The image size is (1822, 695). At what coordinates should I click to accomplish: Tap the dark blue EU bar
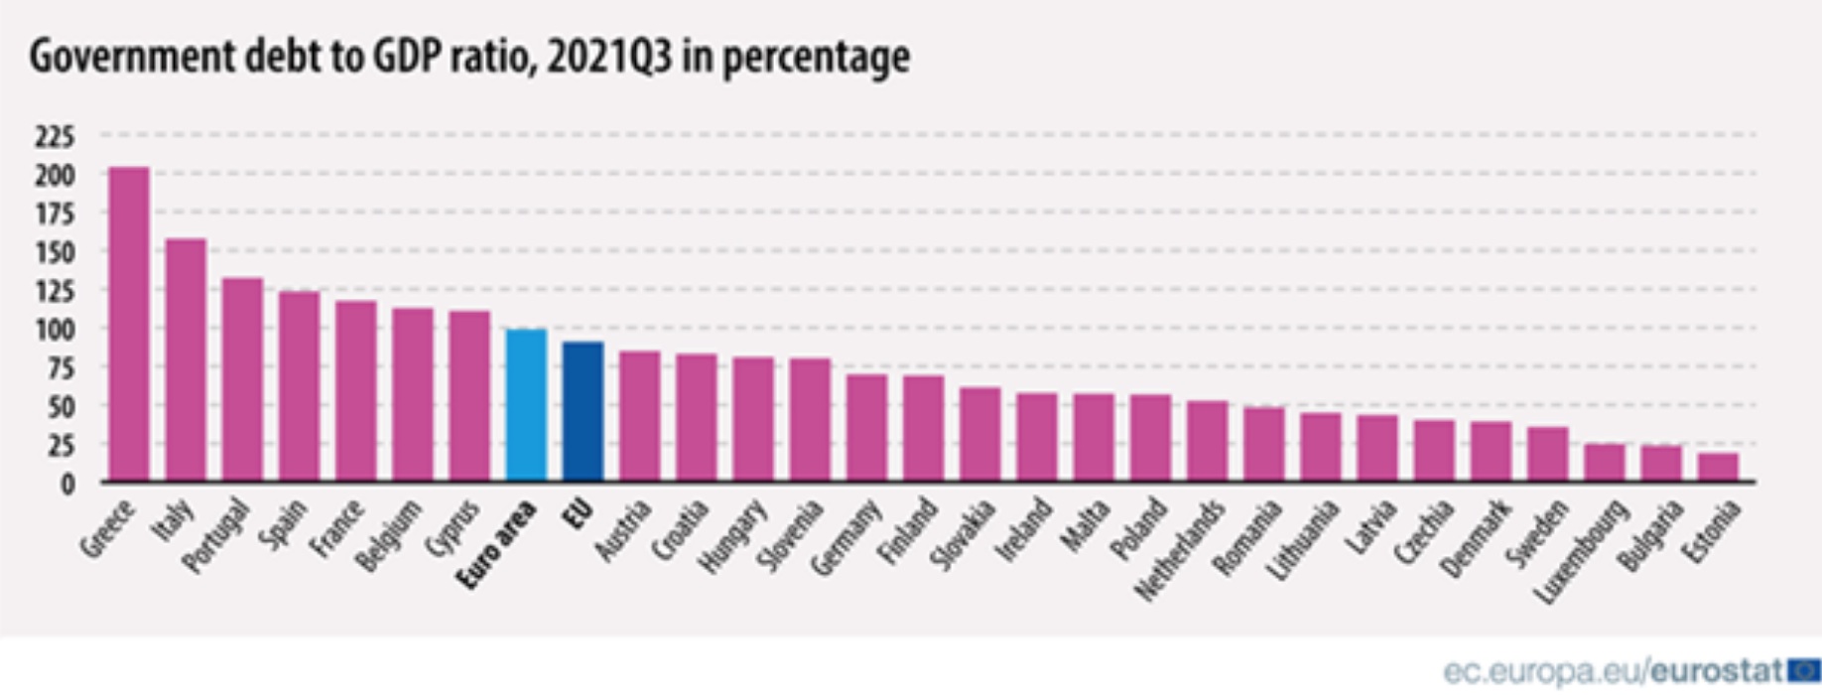(x=583, y=411)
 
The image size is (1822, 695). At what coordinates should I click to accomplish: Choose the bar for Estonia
(x=1718, y=468)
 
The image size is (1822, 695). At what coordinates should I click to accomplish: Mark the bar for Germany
(x=866, y=428)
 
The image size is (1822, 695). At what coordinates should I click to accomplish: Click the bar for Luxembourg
(x=1605, y=463)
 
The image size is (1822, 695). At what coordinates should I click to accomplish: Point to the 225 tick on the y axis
(x=56, y=136)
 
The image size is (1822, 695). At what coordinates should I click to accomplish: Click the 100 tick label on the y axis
(x=56, y=329)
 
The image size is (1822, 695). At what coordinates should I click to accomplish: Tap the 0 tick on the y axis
(x=67, y=484)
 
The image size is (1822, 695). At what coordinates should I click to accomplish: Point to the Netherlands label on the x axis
(x=1181, y=551)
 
